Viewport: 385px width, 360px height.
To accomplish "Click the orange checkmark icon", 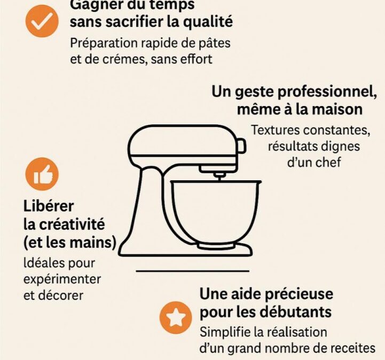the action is tap(42, 21).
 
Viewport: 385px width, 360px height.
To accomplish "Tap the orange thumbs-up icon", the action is tap(42, 174).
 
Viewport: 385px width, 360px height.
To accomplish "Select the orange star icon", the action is tap(176, 317).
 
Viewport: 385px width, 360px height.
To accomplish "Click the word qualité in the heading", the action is tap(208, 22).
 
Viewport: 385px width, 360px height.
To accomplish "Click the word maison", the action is tap(337, 109).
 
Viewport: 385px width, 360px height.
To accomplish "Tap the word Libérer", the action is tap(49, 206).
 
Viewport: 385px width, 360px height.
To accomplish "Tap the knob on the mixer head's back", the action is tap(241, 146).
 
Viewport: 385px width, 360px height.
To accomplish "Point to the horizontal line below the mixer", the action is tap(192, 271).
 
